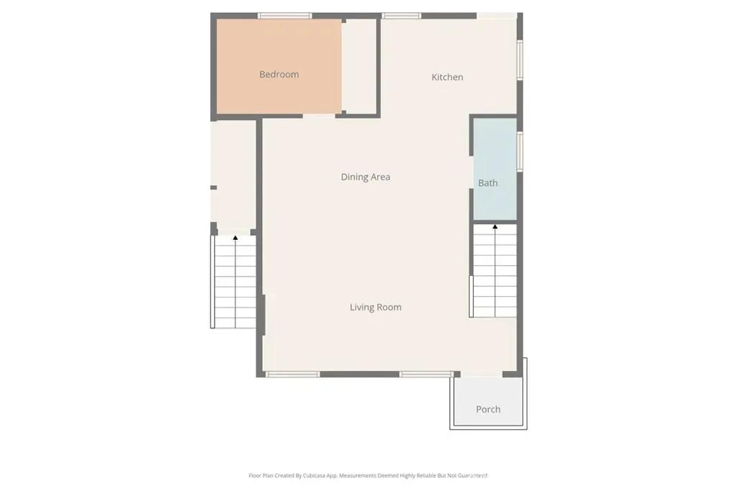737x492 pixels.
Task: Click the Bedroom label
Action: click(279, 74)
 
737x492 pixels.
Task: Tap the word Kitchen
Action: click(447, 77)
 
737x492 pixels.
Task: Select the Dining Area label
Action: click(365, 177)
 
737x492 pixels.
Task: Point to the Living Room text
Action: click(376, 307)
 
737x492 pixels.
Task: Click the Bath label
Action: click(488, 183)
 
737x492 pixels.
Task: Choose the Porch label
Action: click(488, 409)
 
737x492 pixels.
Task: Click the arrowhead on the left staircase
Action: click(235, 238)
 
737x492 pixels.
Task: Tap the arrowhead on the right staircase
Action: click(495, 227)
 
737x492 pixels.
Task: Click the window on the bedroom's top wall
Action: click(284, 16)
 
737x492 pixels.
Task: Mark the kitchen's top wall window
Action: click(401, 16)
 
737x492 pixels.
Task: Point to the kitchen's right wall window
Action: click(520, 61)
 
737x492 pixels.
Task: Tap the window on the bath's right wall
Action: click(520, 151)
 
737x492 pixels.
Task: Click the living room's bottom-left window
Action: click(292, 375)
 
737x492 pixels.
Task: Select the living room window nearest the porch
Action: click(426, 375)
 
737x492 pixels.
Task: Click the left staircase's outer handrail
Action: click(212, 282)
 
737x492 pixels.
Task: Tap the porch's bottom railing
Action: click(488, 427)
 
